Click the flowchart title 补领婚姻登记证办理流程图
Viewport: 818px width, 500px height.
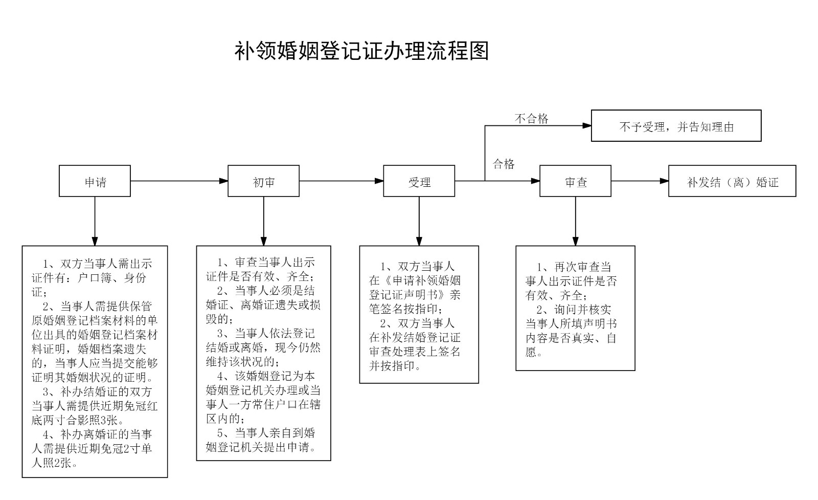coord(361,51)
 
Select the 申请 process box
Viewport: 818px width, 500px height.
coord(95,181)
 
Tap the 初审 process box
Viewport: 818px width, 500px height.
coord(263,181)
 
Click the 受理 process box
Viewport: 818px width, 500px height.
coord(419,181)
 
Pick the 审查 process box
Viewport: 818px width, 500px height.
coord(575,181)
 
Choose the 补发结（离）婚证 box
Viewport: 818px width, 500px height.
coord(732,181)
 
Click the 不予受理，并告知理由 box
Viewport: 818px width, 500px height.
coord(676,126)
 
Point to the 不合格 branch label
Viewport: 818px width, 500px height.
coord(531,119)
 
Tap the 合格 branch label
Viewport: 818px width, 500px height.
coord(504,164)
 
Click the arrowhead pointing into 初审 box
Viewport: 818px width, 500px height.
coord(223,181)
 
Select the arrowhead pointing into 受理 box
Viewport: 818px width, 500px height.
coord(379,181)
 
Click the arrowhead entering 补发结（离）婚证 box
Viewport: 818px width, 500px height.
coord(664,181)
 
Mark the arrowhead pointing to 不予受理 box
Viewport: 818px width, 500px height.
coord(587,125)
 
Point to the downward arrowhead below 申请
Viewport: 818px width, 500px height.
coord(95,242)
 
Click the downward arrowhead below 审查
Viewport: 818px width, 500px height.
coord(575,242)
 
